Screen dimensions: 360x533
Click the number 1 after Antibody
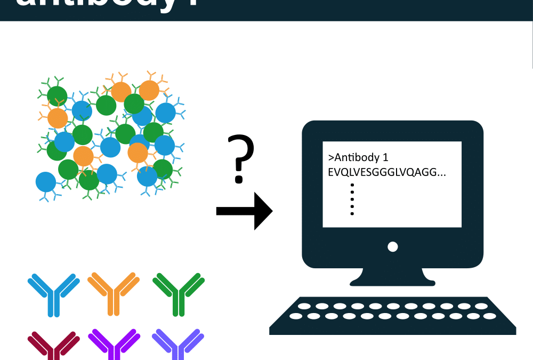386,158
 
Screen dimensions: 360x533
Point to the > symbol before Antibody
331,158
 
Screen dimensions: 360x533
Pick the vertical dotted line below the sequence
352,199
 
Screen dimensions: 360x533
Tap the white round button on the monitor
393,247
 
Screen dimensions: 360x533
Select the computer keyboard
393,315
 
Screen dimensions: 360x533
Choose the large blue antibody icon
53,293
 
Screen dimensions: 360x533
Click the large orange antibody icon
113,293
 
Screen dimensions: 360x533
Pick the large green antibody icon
179,293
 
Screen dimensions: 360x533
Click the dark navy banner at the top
266,10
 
